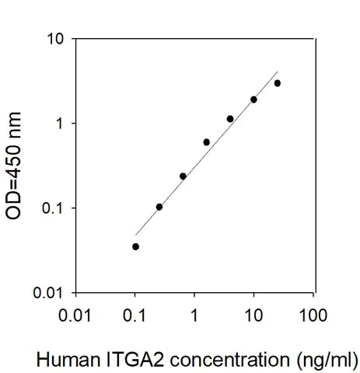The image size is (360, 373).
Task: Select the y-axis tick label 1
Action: pyautogui.click(x=61, y=124)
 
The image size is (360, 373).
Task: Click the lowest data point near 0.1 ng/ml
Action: pyautogui.click(x=135, y=246)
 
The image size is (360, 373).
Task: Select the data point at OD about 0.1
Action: pyautogui.click(x=159, y=207)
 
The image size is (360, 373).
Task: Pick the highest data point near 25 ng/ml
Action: pyautogui.click(x=278, y=83)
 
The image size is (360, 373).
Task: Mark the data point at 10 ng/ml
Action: pyautogui.click(x=253, y=99)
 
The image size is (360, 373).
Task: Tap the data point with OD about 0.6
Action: pyautogui.click(x=206, y=142)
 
